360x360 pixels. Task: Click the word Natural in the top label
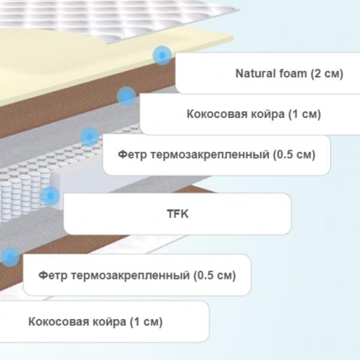(x=256, y=73)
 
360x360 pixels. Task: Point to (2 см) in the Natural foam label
(x=327, y=74)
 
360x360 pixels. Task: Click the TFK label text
(x=178, y=214)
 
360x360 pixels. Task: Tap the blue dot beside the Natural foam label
(x=162, y=55)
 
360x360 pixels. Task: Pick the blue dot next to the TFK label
(x=50, y=196)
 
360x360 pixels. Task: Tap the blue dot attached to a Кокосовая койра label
(x=126, y=96)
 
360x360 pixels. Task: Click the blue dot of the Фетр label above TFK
(x=89, y=137)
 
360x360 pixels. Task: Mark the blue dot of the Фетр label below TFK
(x=10, y=257)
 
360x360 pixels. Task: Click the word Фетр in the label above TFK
(x=132, y=155)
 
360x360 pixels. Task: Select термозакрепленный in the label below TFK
(x=130, y=275)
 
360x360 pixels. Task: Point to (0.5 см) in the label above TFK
(x=294, y=155)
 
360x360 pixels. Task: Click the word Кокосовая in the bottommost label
(x=59, y=322)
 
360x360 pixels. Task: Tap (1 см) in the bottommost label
(x=146, y=322)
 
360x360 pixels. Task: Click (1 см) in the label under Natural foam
(x=304, y=114)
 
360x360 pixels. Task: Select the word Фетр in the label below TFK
(x=53, y=275)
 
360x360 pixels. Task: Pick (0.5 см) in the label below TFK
(x=215, y=275)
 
